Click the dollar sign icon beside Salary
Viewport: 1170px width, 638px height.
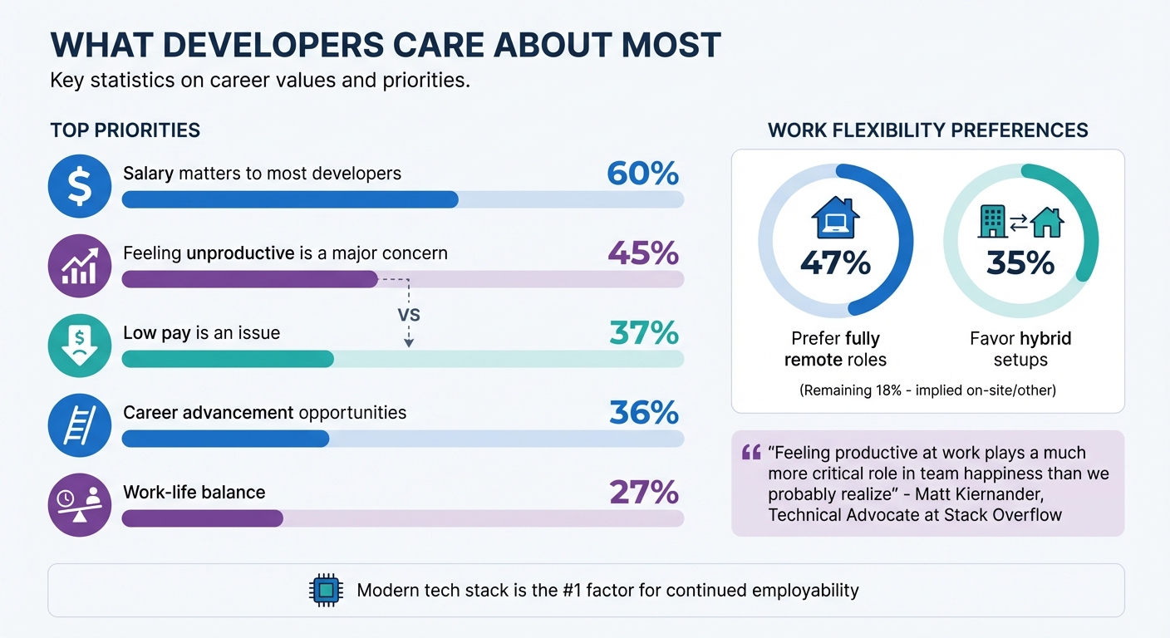80,186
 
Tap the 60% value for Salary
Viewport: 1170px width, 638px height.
642,174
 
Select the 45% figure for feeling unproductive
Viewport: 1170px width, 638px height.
643,253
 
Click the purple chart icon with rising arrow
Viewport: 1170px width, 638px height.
80,266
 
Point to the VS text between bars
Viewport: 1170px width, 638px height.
410,316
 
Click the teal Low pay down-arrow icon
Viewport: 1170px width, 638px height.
80,346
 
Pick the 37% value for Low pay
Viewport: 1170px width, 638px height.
643,333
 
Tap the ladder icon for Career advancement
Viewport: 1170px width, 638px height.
80,425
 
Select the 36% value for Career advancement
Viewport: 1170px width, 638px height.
643,413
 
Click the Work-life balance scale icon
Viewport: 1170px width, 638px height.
80,505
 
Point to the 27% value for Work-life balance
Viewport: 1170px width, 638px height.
644,493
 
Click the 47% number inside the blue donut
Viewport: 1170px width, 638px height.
835,263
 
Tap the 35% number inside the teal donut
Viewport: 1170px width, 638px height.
1020,263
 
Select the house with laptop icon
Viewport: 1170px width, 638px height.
835,219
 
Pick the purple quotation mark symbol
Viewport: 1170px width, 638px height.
751,453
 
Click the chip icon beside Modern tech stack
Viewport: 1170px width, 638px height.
327,591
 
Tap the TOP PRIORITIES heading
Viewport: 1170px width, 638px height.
125,130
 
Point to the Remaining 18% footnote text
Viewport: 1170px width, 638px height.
927,390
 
